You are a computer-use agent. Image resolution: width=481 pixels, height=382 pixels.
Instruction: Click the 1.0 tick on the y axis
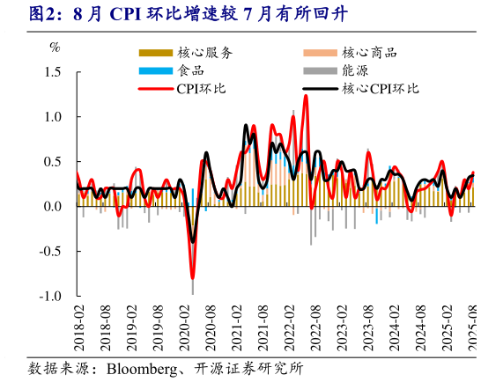point(52,117)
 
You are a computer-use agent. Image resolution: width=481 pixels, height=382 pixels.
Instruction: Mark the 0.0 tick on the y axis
point(52,207)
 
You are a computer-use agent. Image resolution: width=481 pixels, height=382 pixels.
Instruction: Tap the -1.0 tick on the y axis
point(50,297)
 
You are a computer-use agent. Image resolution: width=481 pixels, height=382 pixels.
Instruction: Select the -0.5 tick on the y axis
point(50,252)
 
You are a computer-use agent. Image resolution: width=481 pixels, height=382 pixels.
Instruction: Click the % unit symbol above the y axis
point(55,47)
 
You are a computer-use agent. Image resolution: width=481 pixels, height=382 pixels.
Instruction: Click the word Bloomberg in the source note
point(141,367)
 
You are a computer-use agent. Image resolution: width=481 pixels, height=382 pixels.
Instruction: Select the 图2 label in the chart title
point(20,13)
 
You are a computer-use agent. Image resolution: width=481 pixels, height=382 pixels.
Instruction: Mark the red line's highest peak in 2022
point(306,96)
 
